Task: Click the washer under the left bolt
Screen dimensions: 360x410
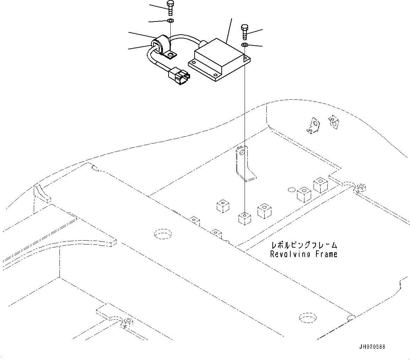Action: coord(170,21)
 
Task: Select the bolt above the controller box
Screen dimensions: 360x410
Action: coord(245,32)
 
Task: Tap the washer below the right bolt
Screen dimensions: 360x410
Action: coord(245,45)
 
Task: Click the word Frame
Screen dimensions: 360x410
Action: coord(326,254)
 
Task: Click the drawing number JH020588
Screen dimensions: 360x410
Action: coord(372,347)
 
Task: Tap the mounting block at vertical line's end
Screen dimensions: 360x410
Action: coord(244,218)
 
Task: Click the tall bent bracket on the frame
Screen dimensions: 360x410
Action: coord(244,164)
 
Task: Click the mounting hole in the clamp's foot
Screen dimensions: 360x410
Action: coord(171,55)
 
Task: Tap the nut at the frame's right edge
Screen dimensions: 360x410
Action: coord(360,187)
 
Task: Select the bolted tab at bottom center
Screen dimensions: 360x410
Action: coord(128,322)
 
